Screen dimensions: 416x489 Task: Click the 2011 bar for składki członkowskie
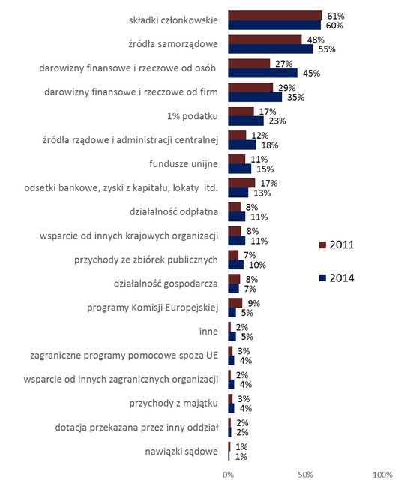275,16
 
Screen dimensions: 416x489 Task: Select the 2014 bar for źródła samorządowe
271,49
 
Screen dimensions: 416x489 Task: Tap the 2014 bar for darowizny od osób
262,73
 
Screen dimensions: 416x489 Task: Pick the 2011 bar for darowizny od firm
250,87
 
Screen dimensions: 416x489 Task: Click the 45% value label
311,73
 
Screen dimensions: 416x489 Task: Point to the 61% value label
336,16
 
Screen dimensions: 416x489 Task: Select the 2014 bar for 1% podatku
246,121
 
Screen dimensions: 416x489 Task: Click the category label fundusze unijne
184,163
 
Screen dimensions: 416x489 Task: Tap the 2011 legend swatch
322,244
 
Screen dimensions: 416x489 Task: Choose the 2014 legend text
342,277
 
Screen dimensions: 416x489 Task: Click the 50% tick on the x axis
305,475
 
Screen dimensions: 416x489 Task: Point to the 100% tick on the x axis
382,475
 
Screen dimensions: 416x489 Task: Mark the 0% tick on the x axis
228,475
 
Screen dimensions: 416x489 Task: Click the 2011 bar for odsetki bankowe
241,183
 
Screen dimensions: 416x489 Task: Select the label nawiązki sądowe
181,451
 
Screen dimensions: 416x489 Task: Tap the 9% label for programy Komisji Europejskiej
253,303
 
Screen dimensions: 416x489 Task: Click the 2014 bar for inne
232,337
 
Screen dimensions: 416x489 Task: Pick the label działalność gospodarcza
166,283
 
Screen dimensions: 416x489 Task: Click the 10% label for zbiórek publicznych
257,265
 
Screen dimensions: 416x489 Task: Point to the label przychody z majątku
174,403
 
